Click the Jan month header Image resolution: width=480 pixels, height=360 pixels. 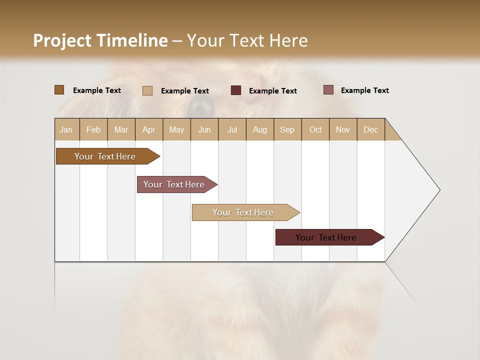(66, 129)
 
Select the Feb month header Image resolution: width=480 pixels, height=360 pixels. (93, 129)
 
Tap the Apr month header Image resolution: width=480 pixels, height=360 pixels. (148, 129)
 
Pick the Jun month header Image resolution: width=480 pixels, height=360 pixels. (204, 129)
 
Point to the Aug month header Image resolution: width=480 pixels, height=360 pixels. (259, 129)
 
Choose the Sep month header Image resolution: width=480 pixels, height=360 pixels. (287, 129)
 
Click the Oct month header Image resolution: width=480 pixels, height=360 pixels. (315, 129)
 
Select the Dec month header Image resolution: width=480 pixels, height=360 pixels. (370, 129)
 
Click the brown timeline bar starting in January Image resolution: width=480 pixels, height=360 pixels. (105, 156)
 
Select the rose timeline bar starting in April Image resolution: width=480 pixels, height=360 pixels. (174, 184)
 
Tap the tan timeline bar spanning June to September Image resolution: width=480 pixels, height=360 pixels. (243, 212)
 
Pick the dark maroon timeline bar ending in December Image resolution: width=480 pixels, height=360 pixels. (326, 237)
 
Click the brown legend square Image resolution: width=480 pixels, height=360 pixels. (59, 90)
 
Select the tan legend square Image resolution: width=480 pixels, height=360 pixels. (147, 90)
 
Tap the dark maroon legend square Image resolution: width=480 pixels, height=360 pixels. (236, 90)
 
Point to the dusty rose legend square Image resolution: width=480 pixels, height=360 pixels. (328, 90)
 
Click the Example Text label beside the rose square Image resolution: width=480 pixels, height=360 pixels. (364, 90)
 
